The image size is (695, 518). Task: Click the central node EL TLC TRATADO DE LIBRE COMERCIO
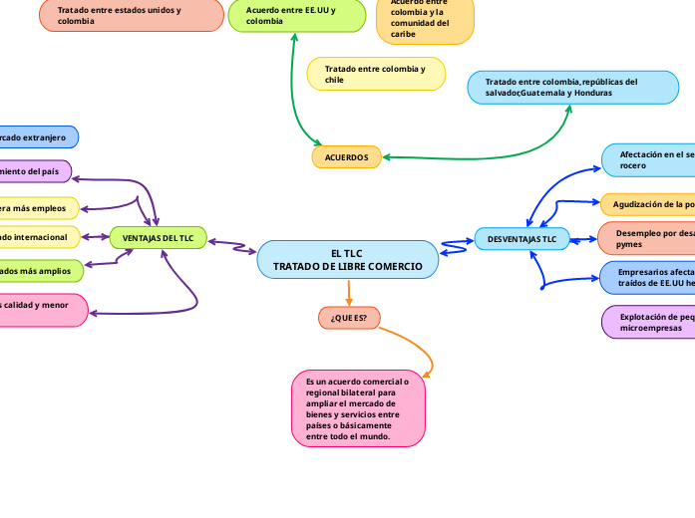(348, 260)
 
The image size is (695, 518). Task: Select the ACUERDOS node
(346, 157)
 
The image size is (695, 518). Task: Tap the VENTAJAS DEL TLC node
(158, 238)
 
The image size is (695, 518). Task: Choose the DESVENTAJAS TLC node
(521, 239)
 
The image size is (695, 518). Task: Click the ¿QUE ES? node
(348, 318)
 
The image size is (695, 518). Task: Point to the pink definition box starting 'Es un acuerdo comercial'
(358, 408)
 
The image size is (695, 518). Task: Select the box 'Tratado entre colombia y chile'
(376, 74)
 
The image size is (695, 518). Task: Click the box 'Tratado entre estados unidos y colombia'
(131, 15)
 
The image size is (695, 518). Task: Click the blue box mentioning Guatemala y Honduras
(572, 87)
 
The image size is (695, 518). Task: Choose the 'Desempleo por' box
(648, 238)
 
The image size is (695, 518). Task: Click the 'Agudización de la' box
(648, 204)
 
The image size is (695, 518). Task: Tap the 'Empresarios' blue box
(648, 277)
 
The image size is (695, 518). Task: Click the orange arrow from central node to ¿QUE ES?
(349, 293)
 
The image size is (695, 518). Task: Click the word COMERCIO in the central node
(401, 267)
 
